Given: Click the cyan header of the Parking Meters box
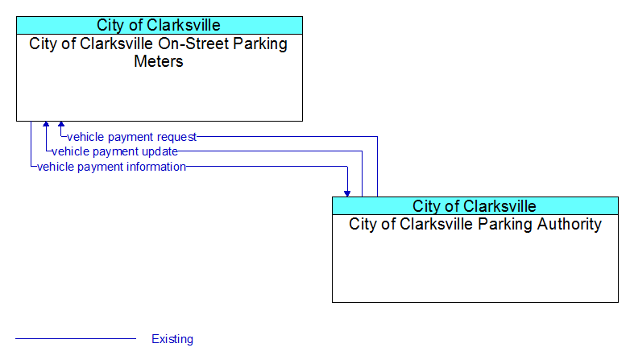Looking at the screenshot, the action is (160, 25).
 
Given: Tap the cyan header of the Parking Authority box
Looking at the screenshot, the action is (475, 206).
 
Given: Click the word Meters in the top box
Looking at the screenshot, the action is (159, 61).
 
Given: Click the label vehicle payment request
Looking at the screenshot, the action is (131, 137).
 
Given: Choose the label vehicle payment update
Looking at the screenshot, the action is (114, 151).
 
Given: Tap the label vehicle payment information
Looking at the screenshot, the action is (111, 167).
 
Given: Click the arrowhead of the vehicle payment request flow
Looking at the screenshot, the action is (61, 124).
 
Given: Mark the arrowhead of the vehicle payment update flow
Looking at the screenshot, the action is (46, 124).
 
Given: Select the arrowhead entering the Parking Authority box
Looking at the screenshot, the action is (347, 194).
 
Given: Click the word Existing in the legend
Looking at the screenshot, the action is (172, 339).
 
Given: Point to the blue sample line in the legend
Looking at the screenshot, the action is (76, 339).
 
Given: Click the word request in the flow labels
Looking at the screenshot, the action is (176, 137).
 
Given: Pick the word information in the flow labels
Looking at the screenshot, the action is (156, 167).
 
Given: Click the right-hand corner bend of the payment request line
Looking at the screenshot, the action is (377, 137).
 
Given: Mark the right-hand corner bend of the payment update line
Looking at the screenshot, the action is (362, 151).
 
